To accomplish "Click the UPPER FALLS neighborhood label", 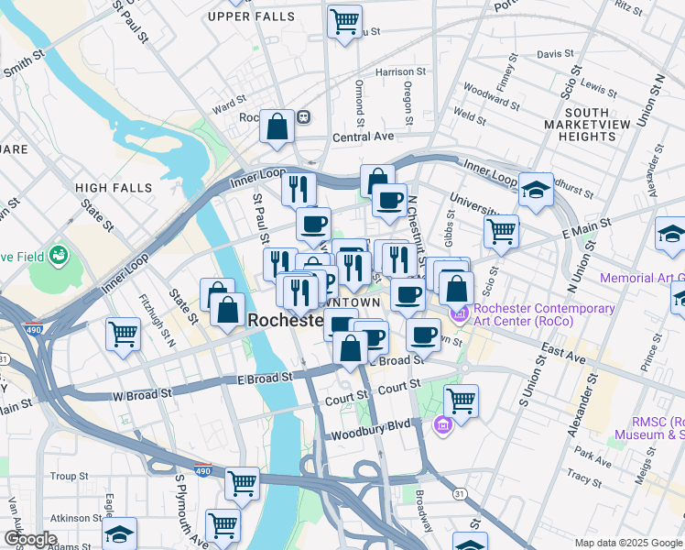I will (x=252, y=16).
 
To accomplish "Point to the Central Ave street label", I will (x=363, y=137).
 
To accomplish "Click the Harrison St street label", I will (x=400, y=71).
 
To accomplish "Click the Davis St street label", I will (x=554, y=54).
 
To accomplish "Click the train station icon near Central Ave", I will (x=303, y=117).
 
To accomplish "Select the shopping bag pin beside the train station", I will (x=277, y=127).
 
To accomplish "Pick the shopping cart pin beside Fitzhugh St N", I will (x=123, y=334).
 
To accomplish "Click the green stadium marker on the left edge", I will (x=60, y=254).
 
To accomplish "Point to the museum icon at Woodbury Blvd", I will (x=443, y=425).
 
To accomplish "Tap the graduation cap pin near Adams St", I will (x=119, y=533).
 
